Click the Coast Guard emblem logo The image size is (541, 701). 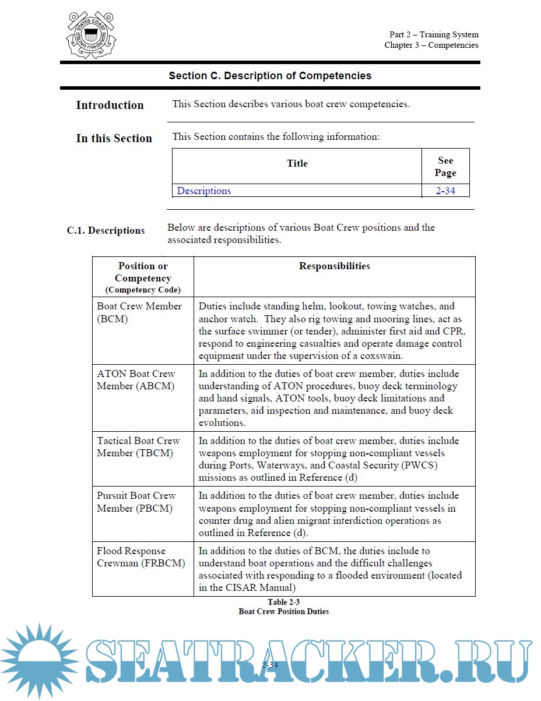(x=91, y=35)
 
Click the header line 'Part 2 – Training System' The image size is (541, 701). (x=434, y=34)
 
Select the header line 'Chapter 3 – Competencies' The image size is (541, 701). (x=431, y=45)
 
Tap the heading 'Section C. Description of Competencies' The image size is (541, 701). (x=270, y=76)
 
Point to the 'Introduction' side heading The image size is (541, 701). (x=110, y=105)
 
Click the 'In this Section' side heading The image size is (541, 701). (x=114, y=138)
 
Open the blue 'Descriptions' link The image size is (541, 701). (x=204, y=191)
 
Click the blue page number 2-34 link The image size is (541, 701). (x=445, y=191)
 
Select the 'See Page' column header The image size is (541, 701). (x=445, y=167)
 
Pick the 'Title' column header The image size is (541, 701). (x=297, y=163)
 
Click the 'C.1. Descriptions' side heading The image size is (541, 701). (x=106, y=230)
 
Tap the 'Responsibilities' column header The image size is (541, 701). (x=334, y=266)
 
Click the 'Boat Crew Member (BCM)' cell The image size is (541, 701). (x=139, y=312)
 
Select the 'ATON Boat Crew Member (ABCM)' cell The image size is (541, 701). (x=136, y=380)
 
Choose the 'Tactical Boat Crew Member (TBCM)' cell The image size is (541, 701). (x=138, y=447)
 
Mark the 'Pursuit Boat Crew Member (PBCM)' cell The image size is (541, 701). (x=136, y=502)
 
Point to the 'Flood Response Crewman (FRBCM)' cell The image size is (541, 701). (x=140, y=557)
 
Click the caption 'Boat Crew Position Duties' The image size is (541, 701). (x=283, y=611)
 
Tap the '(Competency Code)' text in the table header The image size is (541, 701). (x=143, y=290)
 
